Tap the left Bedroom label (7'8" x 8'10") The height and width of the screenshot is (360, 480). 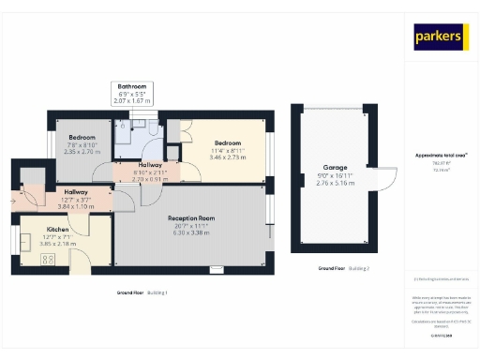pos(82,137)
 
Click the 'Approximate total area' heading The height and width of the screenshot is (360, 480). pos(441,155)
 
